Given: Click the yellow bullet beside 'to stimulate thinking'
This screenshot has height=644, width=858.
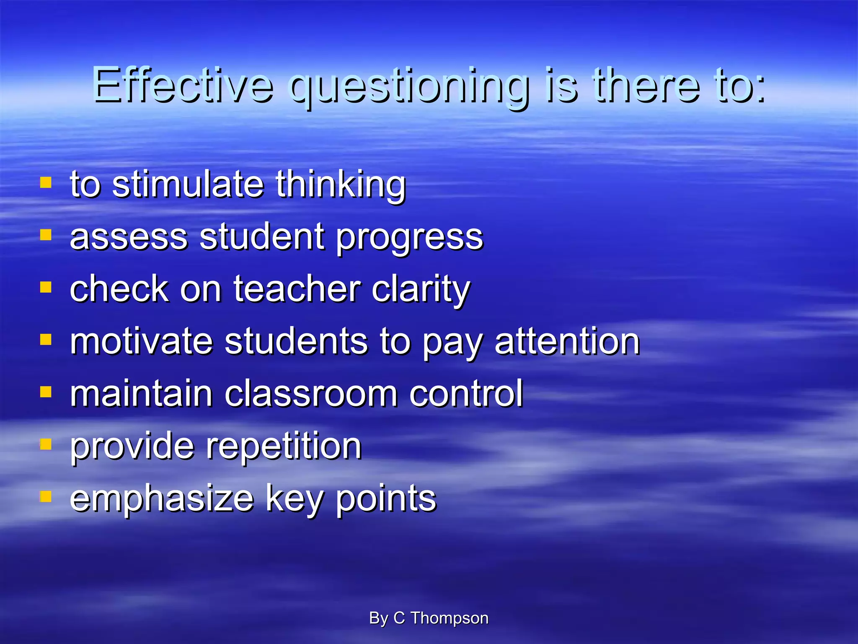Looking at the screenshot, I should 46,183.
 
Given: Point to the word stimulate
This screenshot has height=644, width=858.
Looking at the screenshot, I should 188,184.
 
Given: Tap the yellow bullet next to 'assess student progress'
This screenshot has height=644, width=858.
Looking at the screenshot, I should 46,235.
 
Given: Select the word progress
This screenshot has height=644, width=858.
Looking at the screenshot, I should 410,238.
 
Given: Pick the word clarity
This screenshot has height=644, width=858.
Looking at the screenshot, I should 421,291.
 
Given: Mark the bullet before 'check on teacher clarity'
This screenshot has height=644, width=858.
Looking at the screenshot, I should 46,288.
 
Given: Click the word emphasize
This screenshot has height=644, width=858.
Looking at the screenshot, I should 162,499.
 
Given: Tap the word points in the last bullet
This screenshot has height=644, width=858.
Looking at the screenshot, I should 386,499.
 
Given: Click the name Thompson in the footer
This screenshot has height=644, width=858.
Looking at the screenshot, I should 449,618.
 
